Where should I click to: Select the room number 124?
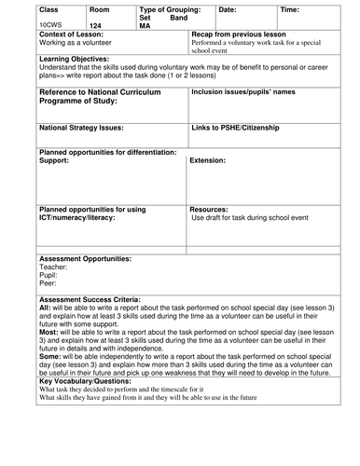[96, 26]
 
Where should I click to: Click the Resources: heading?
[211, 210]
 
